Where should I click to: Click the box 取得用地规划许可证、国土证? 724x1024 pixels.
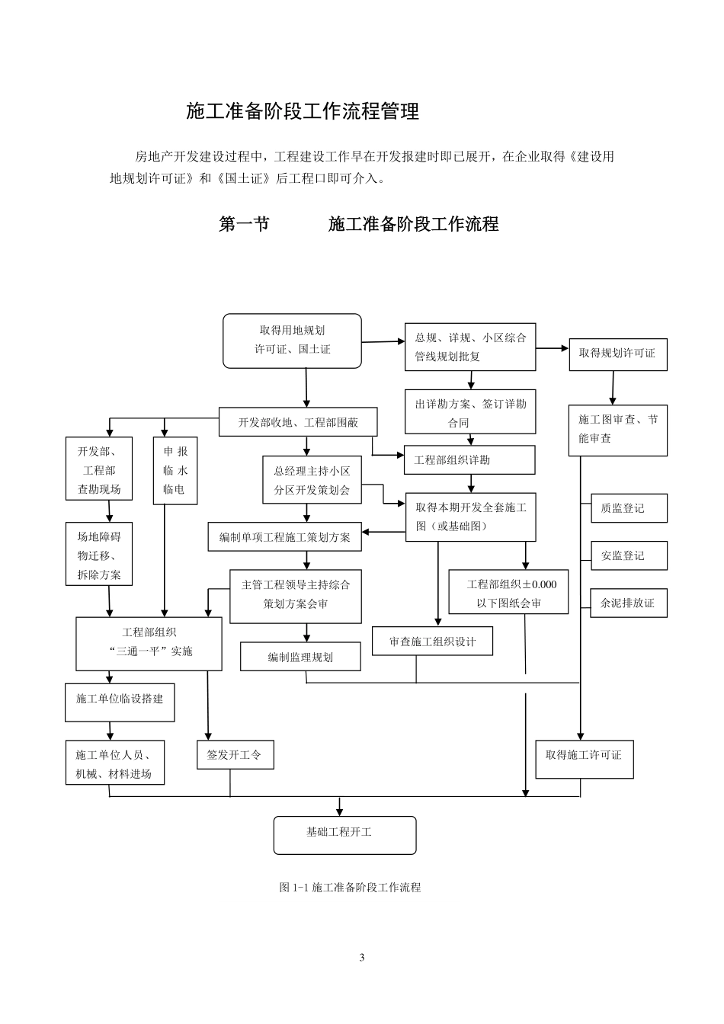click(292, 340)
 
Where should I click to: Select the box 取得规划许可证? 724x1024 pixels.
click(617, 354)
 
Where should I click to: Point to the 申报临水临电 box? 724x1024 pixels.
click(175, 470)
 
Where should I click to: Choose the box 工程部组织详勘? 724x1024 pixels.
click(469, 460)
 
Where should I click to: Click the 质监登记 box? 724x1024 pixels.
click(628, 508)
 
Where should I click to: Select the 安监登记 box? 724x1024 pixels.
click(628, 555)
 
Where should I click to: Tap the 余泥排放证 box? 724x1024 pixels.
click(628, 603)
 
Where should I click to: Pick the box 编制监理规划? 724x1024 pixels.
click(300, 657)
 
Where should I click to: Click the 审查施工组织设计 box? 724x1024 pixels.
click(432, 642)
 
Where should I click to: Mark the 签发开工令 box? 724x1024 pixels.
click(234, 755)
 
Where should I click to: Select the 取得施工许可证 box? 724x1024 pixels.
click(584, 755)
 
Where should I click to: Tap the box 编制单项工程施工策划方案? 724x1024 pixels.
click(285, 537)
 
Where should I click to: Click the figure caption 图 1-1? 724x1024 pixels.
click(350, 888)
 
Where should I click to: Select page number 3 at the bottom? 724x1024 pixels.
click(362, 958)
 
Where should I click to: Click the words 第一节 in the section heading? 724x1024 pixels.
click(244, 224)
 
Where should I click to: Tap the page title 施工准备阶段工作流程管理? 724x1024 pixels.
click(303, 112)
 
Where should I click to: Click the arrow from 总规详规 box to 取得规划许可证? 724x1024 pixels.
click(552, 348)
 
